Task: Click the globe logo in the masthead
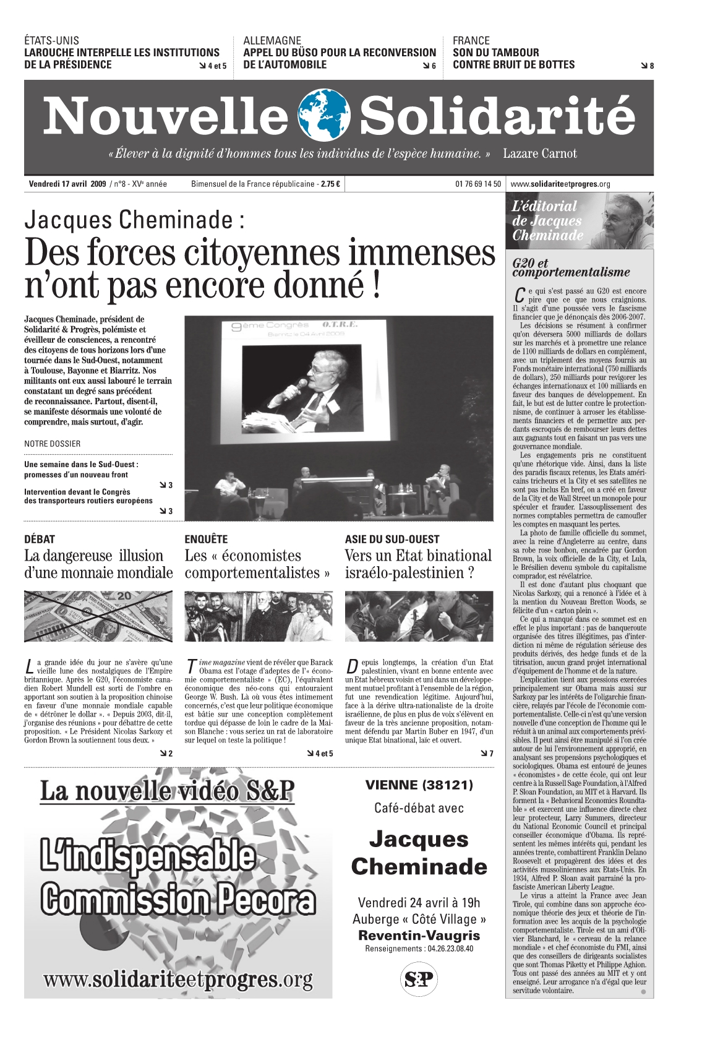pos(324,116)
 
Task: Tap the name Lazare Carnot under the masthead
pos(539,153)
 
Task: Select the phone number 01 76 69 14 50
pos(478,184)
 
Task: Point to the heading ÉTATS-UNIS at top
pos(52,41)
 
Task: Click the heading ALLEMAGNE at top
pos(272,41)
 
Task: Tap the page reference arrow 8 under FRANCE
pos(648,66)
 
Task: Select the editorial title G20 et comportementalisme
pos(570,268)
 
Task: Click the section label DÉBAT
pos(40,539)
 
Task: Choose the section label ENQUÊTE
pos(206,539)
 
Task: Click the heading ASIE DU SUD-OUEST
pos(392,539)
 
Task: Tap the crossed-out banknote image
pos(98,616)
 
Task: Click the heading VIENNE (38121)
pos(419,785)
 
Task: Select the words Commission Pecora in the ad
pos(178,900)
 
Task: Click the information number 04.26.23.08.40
pos(444,949)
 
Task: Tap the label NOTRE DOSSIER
pos(53,444)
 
